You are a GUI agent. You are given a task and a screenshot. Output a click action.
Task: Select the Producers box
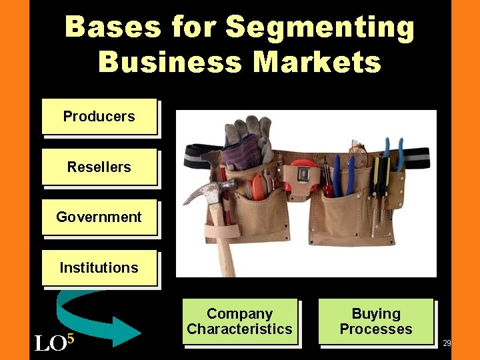coord(99,117)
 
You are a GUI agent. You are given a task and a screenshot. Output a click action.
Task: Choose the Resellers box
coord(99,167)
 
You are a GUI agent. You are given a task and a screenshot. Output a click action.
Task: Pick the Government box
coord(99,217)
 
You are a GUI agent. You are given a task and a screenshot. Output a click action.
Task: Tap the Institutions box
coord(99,268)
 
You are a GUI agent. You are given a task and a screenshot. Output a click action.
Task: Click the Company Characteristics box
coord(239,321)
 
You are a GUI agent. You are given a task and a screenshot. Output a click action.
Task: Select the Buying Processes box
coord(376,321)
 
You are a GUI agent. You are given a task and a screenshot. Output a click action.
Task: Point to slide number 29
coord(447,343)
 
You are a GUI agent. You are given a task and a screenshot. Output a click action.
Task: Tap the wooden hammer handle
coord(224,247)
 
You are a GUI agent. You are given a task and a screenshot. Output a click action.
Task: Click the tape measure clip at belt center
coord(302,175)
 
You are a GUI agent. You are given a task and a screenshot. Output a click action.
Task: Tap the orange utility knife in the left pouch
coord(256,186)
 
